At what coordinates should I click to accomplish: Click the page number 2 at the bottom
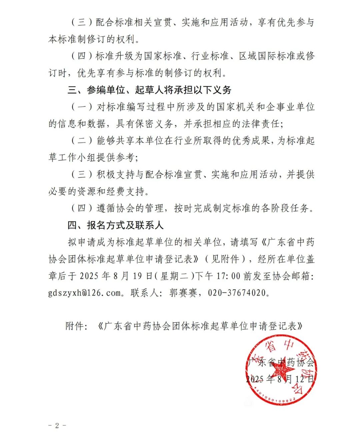57,425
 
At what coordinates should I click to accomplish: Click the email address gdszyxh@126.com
85,293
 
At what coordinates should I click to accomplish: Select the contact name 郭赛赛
184,293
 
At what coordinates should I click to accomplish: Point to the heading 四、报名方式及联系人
115,225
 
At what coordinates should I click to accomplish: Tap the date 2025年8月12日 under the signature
280,379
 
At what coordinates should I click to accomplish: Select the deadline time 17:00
229,276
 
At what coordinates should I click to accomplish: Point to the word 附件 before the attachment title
75,326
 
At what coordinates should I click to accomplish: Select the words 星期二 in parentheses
174,276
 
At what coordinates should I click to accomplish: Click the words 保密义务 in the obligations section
155,124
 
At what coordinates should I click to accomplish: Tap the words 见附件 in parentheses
225,259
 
